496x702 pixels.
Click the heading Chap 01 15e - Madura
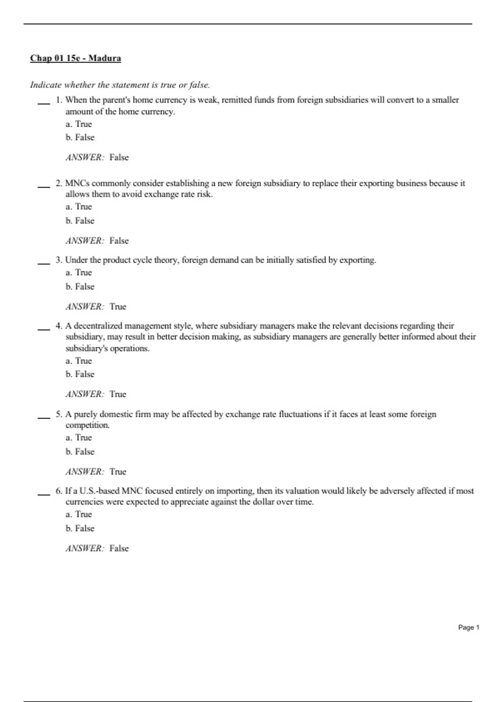coord(75,58)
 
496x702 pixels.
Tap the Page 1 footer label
coord(468,627)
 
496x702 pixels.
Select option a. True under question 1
coord(79,124)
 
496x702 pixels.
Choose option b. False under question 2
coord(80,221)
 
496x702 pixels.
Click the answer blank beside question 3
coord(44,263)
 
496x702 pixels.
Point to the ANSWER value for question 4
coord(118,394)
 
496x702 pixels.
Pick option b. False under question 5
coord(80,452)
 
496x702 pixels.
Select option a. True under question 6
coord(79,515)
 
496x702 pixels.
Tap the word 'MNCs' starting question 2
coord(77,183)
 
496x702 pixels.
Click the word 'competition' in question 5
coord(87,425)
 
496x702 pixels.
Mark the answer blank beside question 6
coord(44,494)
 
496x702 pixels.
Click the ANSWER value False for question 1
coord(119,158)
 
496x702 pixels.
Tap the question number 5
coord(59,414)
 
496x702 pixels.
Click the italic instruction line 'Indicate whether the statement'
coord(120,85)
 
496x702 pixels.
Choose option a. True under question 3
coord(79,273)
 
